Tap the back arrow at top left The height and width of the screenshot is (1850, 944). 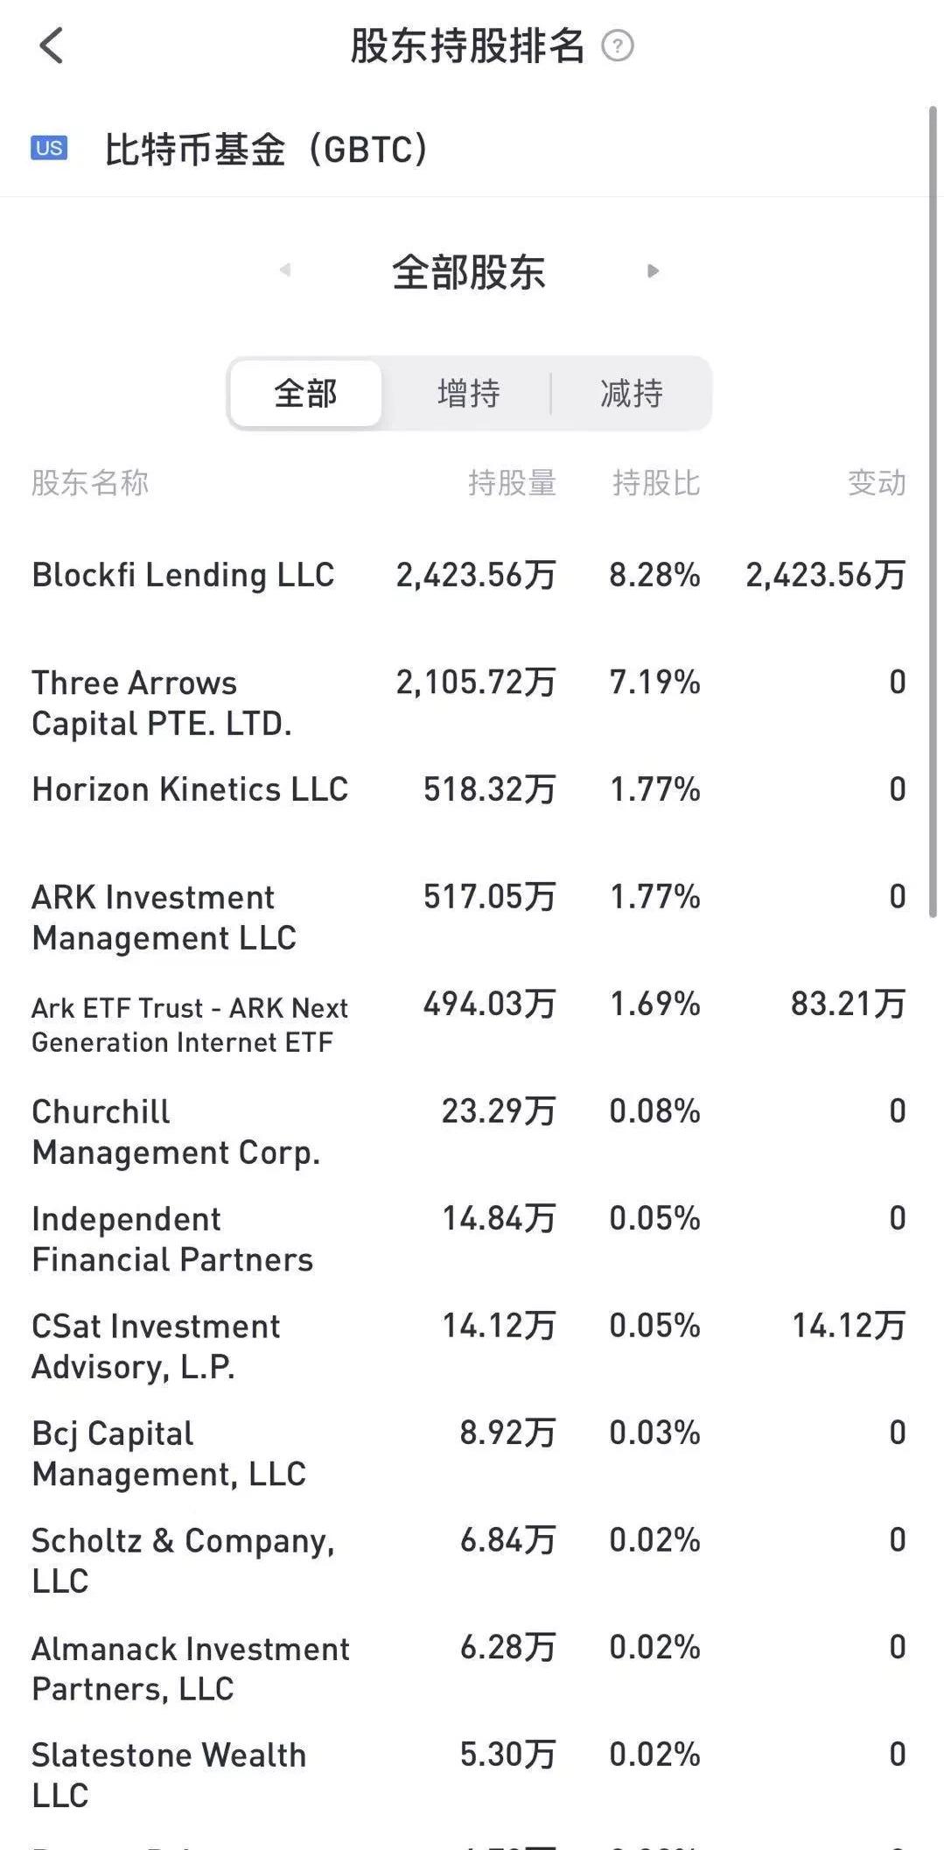tap(52, 46)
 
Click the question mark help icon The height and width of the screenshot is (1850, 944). tap(618, 46)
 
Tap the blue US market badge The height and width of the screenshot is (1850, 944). tap(49, 148)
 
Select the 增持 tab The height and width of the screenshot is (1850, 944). tap(469, 394)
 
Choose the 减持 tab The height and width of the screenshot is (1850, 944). tap(631, 394)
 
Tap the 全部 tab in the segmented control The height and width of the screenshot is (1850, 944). tap(305, 394)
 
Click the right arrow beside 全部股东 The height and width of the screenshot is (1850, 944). tap(653, 271)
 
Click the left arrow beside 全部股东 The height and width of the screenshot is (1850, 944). tap(285, 270)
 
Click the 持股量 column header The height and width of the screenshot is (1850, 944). tap(512, 482)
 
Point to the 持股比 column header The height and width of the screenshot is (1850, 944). tap(656, 482)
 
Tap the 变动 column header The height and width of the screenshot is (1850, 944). tap(876, 482)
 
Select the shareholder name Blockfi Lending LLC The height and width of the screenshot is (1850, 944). tap(183, 575)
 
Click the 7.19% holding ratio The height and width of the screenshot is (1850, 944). tap(654, 683)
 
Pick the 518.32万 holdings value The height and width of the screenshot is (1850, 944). tap(489, 789)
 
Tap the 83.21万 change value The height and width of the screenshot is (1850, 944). tap(847, 1004)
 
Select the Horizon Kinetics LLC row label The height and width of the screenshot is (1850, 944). tap(190, 789)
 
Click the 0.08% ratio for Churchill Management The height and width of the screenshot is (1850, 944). tap(654, 1111)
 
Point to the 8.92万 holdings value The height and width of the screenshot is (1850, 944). tap(507, 1433)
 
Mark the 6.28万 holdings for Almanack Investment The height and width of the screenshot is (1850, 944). tap(507, 1647)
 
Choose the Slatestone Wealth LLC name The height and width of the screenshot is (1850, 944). tap(169, 1774)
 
